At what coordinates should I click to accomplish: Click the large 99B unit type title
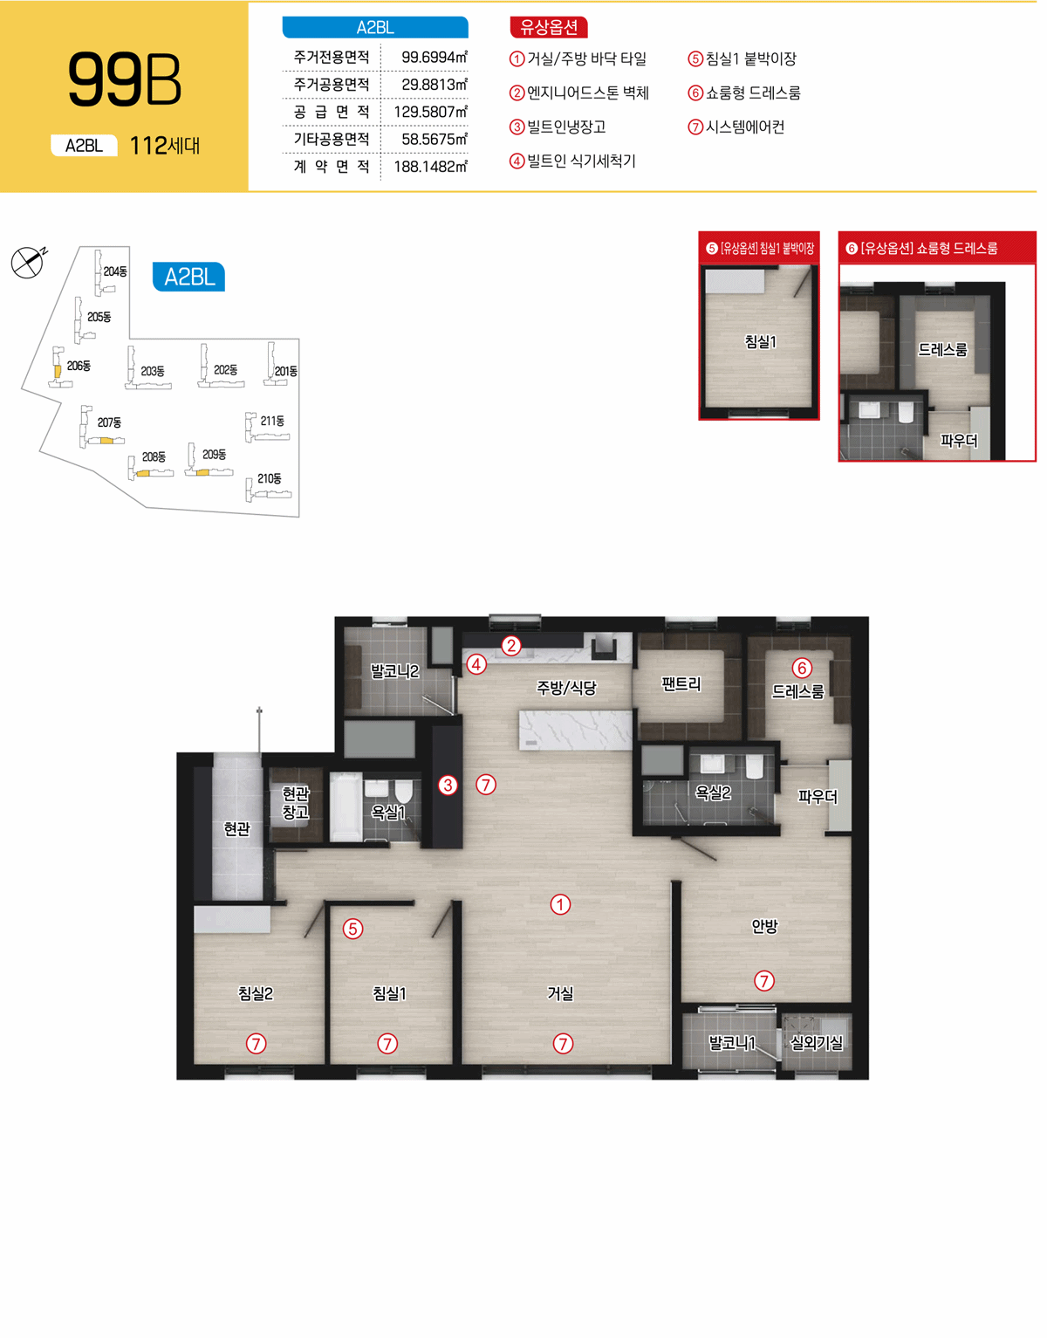[125, 79]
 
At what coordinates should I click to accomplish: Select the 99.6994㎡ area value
[435, 58]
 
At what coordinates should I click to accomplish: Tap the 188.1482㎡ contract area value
[431, 166]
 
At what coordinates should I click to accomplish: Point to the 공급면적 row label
[332, 112]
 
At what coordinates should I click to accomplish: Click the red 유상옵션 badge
[549, 27]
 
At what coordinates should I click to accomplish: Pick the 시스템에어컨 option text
[745, 127]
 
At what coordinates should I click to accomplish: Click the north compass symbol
[28, 262]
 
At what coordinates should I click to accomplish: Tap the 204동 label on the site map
[115, 271]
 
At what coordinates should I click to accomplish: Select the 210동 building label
[270, 478]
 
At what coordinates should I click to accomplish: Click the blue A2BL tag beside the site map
[189, 277]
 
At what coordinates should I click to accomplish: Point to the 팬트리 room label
[681, 684]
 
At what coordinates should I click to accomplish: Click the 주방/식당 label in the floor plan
[566, 687]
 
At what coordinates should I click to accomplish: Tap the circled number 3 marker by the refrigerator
[448, 785]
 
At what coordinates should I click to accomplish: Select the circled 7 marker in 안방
[764, 981]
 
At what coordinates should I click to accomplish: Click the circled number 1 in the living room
[560, 904]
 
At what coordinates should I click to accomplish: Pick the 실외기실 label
[816, 1042]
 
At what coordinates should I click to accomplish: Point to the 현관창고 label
[296, 803]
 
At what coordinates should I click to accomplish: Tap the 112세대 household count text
[165, 146]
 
